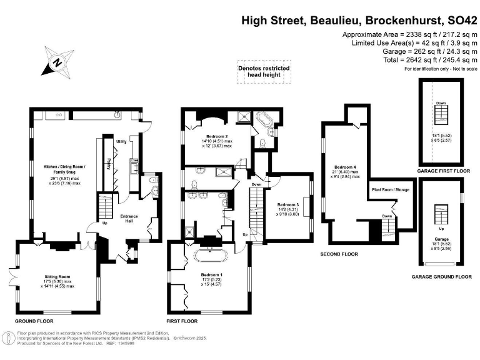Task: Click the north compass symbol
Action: [57, 62]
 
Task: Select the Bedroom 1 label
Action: [212, 274]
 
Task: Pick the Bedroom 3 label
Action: [288, 205]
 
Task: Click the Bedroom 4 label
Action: [345, 167]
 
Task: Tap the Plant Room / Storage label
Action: [390, 189]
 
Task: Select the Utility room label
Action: [121, 142]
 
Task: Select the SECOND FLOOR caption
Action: [339, 254]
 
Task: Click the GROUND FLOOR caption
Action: [34, 321]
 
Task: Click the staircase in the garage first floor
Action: [441, 114]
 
